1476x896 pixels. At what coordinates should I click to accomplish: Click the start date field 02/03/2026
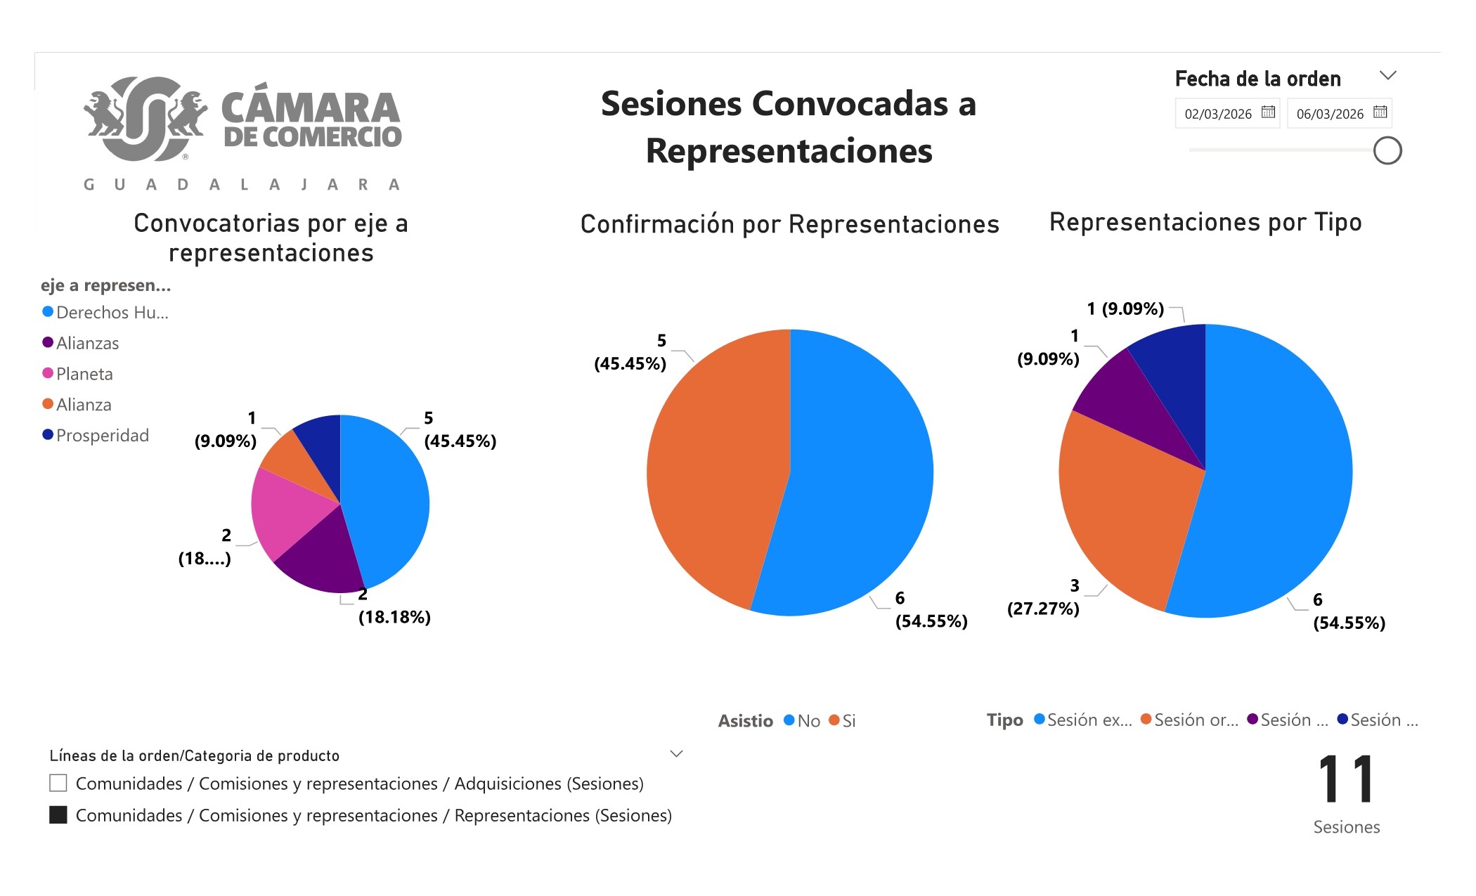pyautogui.click(x=1218, y=114)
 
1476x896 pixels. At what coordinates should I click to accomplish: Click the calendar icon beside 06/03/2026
pyautogui.click(x=1380, y=112)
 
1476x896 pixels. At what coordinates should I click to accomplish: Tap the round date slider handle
pyautogui.click(x=1387, y=151)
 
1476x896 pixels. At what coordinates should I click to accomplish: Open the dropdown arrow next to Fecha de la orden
pyautogui.click(x=1387, y=75)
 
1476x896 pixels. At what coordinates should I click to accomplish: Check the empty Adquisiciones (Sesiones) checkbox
pyautogui.click(x=58, y=783)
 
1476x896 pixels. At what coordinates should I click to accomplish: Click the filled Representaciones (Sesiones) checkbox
pyautogui.click(x=58, y=814)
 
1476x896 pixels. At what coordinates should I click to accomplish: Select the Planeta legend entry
pyautogui.click(x=84, y=374)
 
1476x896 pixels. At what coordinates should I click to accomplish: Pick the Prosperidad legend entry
pyautogui.click(x=102, y=436)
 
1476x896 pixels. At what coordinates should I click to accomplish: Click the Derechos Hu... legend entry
pyautogui.click(x=111, y=313)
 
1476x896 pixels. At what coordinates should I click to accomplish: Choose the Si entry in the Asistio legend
pyautogui.click(x=848, y=721)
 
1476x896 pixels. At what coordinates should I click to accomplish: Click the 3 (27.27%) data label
pyautogui.click(x=1044, y=597)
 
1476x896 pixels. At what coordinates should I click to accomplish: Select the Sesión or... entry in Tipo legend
pyautogui.click(x=1195, y=720)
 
